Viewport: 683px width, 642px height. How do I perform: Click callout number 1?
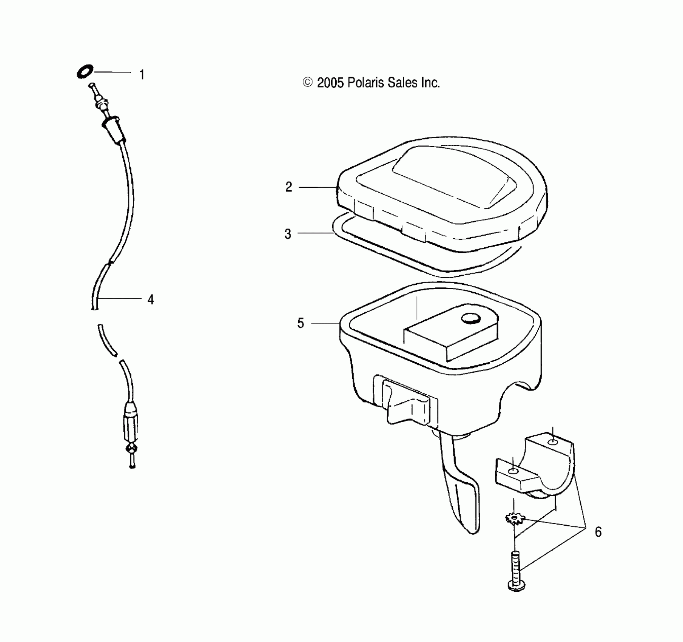tap(142, 75)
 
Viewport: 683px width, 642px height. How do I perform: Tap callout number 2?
tap(289, 187)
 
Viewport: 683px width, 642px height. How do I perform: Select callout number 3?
tap(288, 234)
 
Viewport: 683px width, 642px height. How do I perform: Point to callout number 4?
tap(151, 299)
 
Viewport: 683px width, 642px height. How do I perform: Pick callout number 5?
tap(301, 323)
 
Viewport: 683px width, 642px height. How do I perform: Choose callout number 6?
tap(598, 532)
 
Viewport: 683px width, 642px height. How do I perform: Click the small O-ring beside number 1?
tap(85, 71)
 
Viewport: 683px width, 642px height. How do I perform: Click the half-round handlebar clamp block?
tap(536, 468)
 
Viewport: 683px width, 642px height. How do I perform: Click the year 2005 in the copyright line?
tap(330, 83)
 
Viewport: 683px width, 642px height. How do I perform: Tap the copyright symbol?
tap(308, 82)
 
